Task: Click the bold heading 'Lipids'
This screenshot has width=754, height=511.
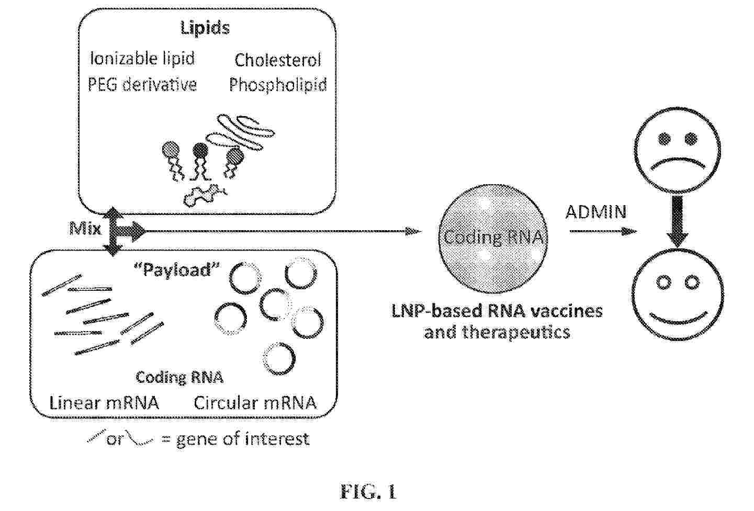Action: click(205, 28)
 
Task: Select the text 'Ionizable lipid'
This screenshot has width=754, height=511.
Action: click(142, 59)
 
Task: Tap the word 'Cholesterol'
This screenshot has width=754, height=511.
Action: click(277, 60)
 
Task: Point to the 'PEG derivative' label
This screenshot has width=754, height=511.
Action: click(142, 84)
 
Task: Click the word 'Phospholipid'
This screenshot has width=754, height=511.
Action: click(278, 85)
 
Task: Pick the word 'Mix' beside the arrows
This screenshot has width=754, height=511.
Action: click(85, 229)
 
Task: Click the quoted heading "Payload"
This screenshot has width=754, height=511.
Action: click(177, 270)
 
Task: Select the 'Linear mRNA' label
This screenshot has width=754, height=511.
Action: click(104, 403)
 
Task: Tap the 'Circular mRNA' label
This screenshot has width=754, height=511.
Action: click(255, 403)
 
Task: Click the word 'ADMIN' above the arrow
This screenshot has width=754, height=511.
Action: click(596, 212)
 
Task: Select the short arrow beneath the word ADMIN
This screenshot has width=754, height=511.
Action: click(603, 231)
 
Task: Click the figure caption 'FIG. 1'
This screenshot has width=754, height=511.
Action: click(368, 491)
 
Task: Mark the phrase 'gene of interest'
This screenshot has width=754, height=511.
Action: click(243, 439)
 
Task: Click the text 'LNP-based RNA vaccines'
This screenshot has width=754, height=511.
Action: click(497, 311)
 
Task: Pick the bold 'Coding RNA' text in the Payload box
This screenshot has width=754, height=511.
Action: click(179, 378)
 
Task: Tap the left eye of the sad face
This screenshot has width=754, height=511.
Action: click(664, 139)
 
